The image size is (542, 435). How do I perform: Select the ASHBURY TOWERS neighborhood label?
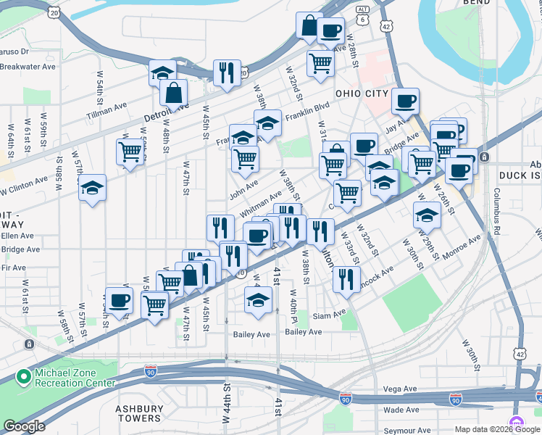(x=138, y=413)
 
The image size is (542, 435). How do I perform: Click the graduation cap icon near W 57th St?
(x=92, y=188)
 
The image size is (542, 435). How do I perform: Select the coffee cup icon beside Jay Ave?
(x=405, y=101)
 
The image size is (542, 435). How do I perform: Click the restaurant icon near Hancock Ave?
(x=347, y=278)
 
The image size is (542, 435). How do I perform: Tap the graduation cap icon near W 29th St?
(x=427, y=215)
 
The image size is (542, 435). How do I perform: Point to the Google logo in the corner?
(x=24, y=426)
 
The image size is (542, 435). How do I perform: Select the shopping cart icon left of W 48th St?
(x=130, y=152)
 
